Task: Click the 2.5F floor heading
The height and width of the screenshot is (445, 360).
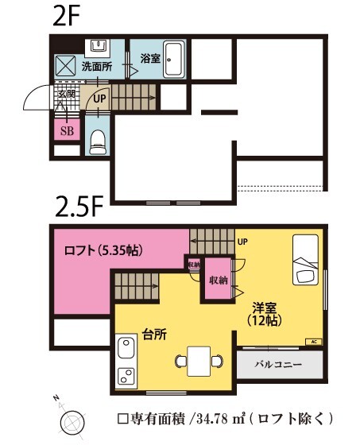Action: tap(79, 207)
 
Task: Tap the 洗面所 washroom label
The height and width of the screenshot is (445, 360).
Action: tap(96, 67)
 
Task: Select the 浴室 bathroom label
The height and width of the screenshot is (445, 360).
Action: tap(150, 58)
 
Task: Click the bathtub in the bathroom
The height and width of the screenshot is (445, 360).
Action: tap(175, 59)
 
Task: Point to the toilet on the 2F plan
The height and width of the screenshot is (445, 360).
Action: tap(98, 144)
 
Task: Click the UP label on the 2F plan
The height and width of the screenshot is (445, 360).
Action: tap(99, 99)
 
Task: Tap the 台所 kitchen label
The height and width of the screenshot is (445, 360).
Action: tap(154, 335)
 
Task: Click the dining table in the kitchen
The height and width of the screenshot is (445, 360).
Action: tap(199, 361)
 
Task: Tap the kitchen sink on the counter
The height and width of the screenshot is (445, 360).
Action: tap(126, 349)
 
